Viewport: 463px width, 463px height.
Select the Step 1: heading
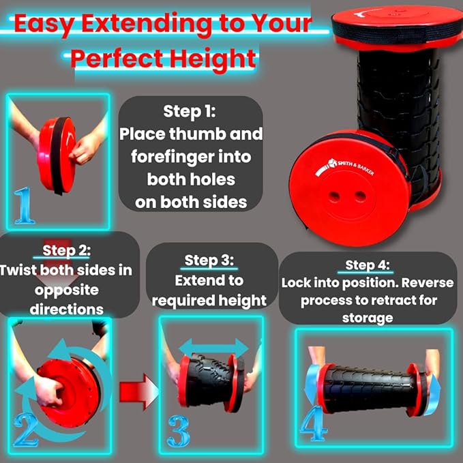click(190, 111)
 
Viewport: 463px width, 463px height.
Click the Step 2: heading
click(66, 251)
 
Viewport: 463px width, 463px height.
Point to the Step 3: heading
click(209, 260)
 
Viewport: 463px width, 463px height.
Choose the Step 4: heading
click(368, 265)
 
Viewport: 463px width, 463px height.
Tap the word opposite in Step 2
click(66, 290)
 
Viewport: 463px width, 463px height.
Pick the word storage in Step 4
click(368, 318)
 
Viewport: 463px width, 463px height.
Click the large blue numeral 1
click(24, 205)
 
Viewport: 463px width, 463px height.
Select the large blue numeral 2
click(26, 430)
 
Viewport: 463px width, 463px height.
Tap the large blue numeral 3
click(179, 431)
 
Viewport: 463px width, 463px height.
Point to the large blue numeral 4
click(314, 423)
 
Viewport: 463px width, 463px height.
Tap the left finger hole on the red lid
click(335, 196)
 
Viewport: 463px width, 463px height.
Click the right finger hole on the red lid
click(360, 195)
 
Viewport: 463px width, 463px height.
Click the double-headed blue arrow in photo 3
click(213, 348)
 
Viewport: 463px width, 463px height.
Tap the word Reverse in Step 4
click(428, 283)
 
